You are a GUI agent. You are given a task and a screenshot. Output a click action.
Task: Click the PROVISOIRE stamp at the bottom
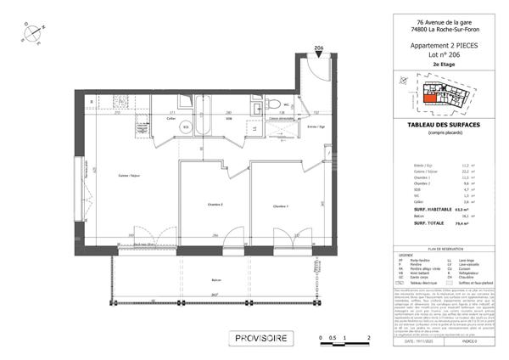click(x=262, y=338)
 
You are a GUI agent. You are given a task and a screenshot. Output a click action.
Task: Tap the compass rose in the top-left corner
click(x=33, y=31)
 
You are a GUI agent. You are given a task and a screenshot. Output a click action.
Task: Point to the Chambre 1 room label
click(x=281, y=206)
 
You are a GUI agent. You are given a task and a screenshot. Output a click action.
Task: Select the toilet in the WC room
click(x=277, y=104)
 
